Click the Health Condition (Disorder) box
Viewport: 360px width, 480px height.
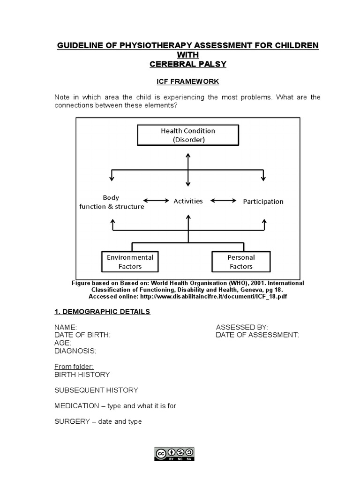[187, 135]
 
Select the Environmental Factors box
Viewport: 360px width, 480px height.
[130, 262]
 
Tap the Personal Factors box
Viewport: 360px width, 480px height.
[241, 262]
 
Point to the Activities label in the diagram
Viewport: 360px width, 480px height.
[188, 201]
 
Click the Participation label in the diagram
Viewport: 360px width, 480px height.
[263, 202]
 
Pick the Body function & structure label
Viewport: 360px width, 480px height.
[112, 202]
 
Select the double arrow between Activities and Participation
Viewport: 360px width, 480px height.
[224, 201]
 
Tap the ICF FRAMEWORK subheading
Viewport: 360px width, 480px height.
[187, 82]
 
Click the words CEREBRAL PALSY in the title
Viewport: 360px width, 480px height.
[187, 64]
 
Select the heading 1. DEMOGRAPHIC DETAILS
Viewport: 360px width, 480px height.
[102, 312]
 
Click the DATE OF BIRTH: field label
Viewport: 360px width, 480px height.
[82, 335]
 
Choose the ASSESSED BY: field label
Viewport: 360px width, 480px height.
[242, 327]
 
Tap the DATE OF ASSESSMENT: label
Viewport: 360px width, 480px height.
[257, 335]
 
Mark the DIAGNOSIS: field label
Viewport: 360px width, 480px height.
[75, 351]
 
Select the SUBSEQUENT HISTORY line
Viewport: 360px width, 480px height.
[96, 390]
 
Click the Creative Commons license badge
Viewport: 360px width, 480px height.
[174, 453]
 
